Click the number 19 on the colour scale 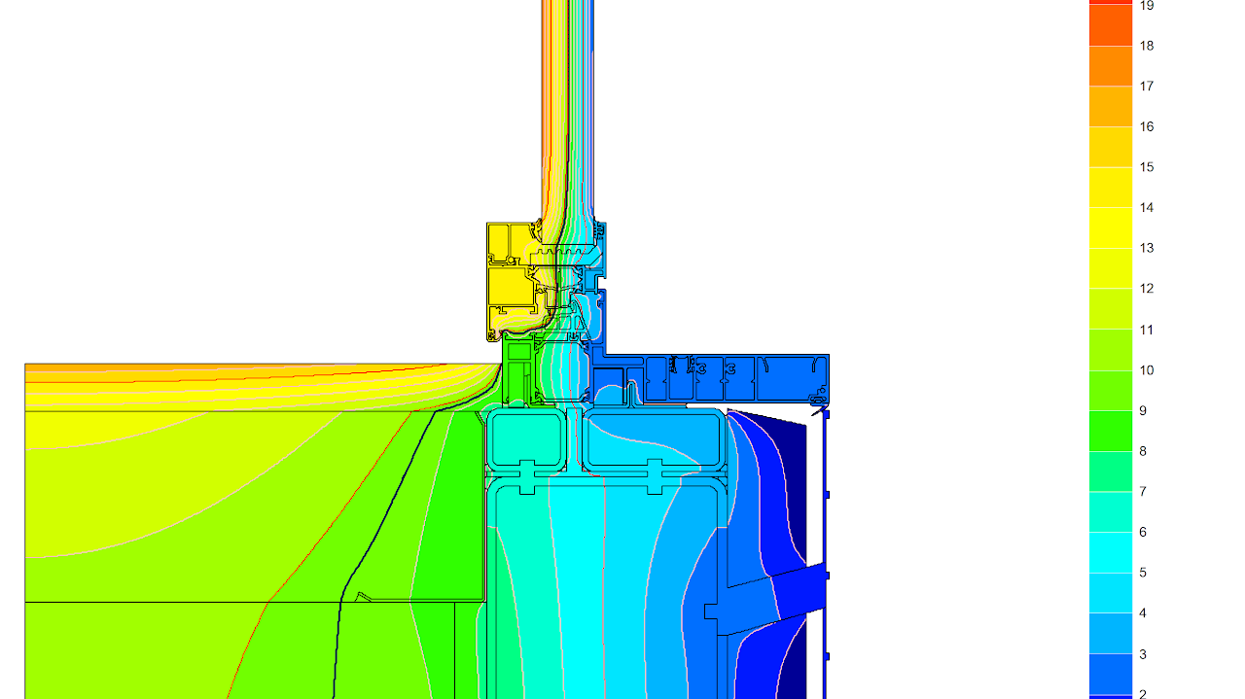coord(1147,6)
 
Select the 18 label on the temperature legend coord(1147,46)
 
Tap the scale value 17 coord(1147,87)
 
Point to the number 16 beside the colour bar coord(1147,126)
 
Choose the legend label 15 coord(1147,167)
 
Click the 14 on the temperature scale coord(1147,208)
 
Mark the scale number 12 coord(1147,289)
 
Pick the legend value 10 coord(1147,370)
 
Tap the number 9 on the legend coord(1143,411)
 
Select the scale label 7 coord(1143,492)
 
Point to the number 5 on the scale coord(1143,573)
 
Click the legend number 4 coord(1143,613)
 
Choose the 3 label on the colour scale coord(1143,654)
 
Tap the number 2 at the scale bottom coord(1143,694)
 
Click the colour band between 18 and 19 coord(1111,26)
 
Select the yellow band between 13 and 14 coord(1111,228)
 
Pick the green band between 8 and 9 coord(1111,431)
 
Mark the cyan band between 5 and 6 coord(1111,552)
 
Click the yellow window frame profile coord(509,287)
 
